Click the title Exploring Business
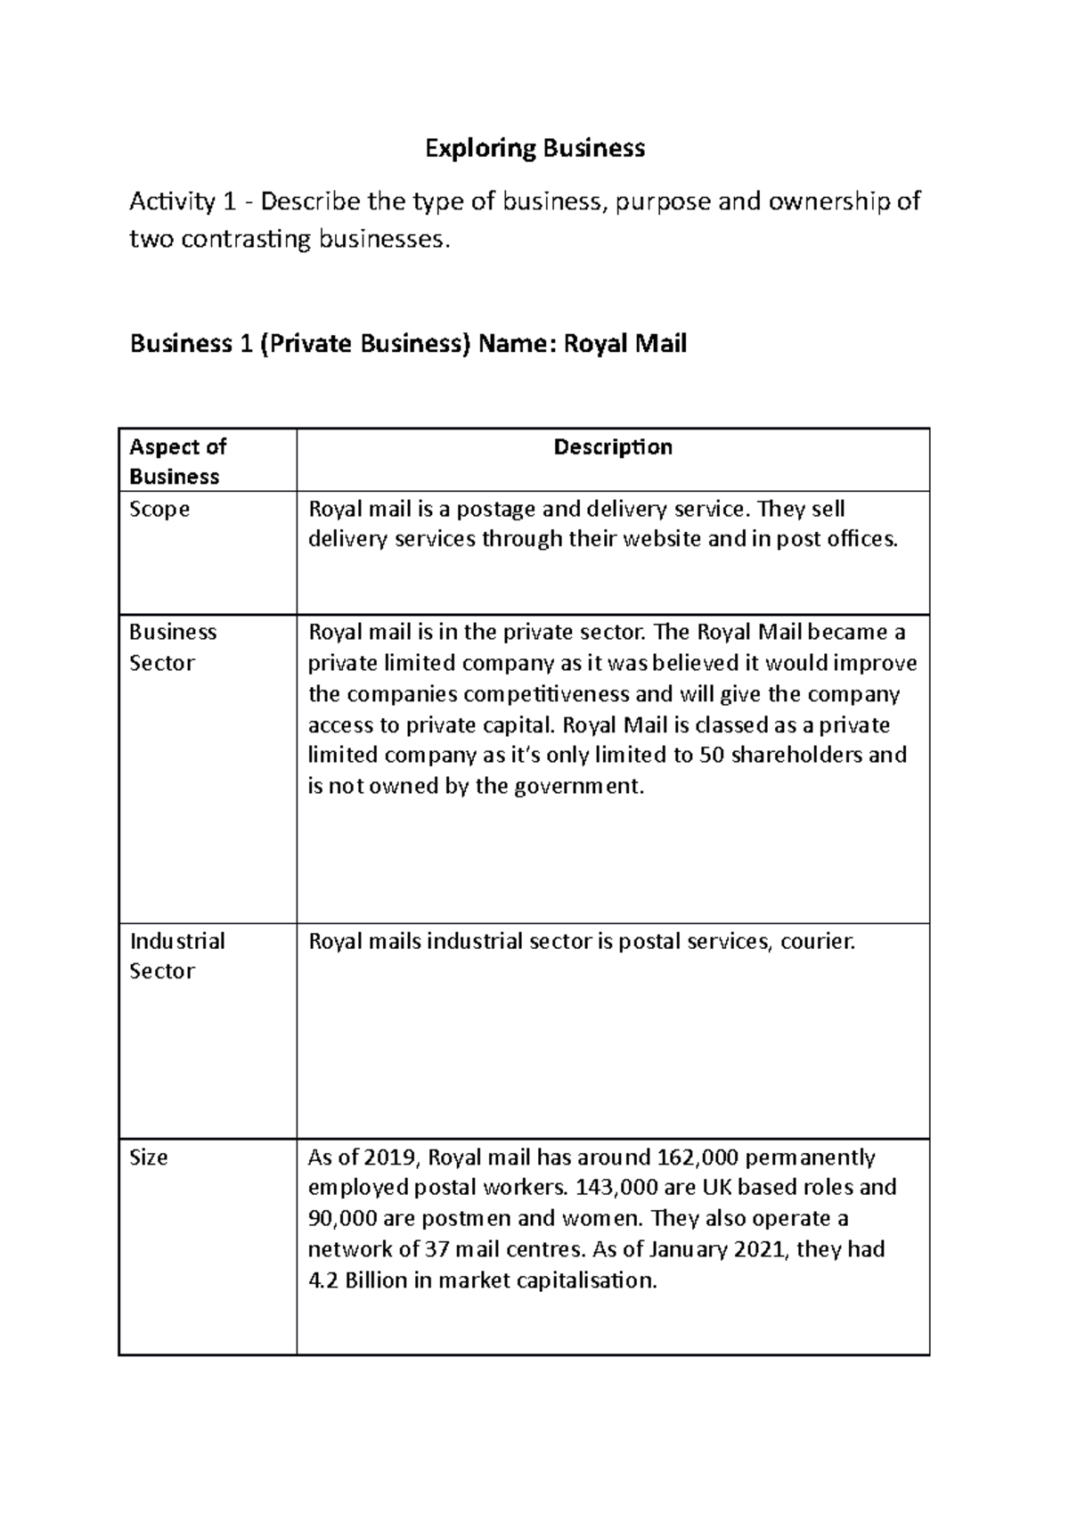534,148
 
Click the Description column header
613,446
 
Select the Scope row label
159,510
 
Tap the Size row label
148,1157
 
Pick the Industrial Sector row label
176,956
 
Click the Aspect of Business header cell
177,462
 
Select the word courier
817,941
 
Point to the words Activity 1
173,202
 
